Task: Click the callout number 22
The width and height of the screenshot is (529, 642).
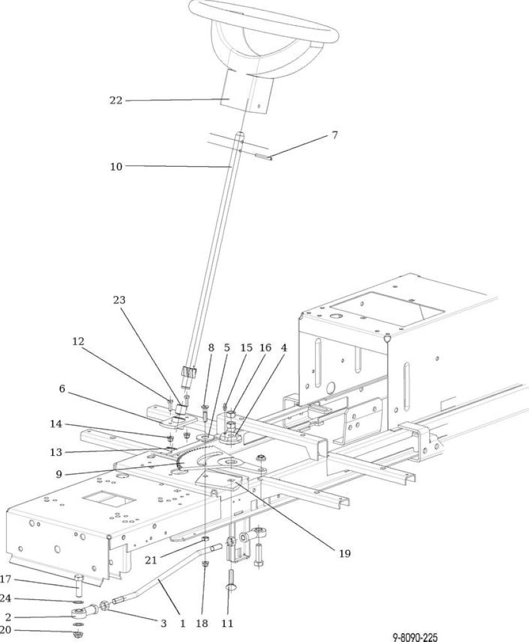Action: pos(115,100)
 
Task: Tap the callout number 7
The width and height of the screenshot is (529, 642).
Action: pos(334,135)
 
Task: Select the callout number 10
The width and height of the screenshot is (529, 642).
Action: pos(116,167)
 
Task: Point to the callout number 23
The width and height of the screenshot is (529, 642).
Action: pos(119,300)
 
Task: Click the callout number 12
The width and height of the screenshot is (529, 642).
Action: pos(78,340)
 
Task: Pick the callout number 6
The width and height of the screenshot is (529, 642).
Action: pos(62,388)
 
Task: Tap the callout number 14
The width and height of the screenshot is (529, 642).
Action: pos(56,424)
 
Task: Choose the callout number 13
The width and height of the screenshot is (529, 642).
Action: pos(56,452)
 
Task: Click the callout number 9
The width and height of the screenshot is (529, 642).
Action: pos(58,474)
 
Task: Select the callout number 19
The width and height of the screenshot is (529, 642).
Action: pos(345,554)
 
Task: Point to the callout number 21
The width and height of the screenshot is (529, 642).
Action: pos(151,560)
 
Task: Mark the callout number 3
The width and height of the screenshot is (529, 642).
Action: pos(163,624)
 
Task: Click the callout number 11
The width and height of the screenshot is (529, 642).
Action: pos(227,624)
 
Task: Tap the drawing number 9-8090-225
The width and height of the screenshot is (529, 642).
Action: pos(415,637)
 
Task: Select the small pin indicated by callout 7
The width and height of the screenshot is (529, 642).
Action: pos(263,156)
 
